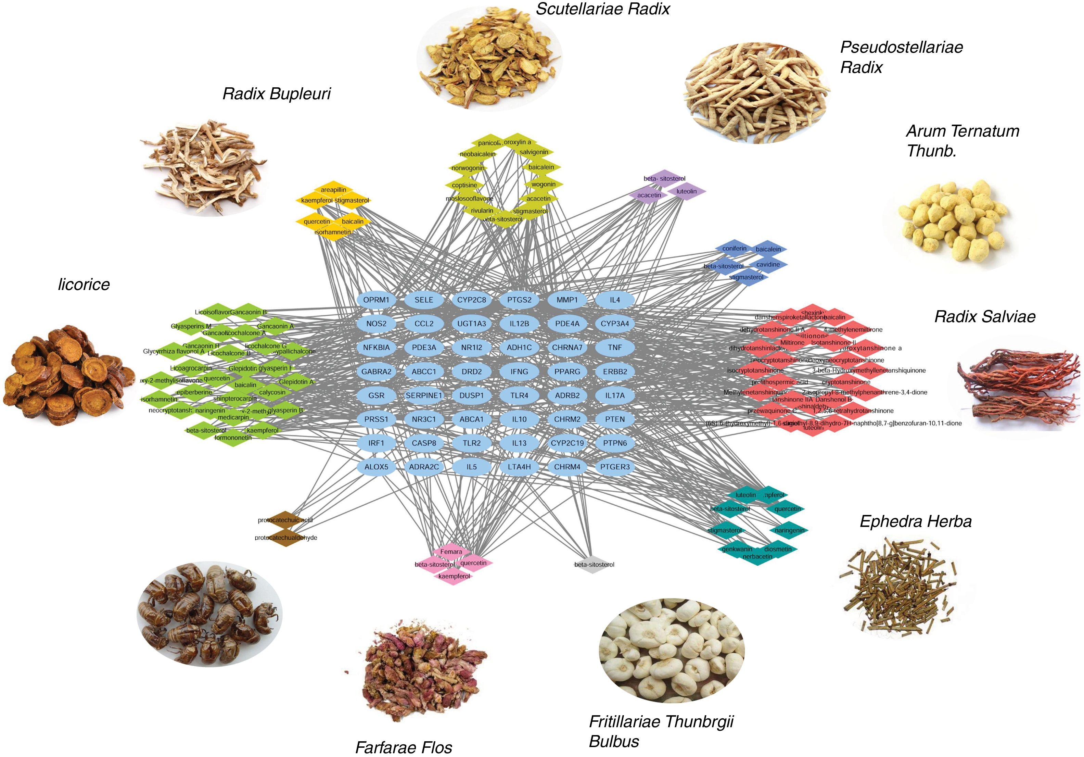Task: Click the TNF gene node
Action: coord(614,348)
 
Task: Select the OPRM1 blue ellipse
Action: coord(376,300)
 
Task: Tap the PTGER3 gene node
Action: coord(614,467)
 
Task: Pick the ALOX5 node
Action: coord(376,467)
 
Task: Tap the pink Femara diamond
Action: coord(451,552)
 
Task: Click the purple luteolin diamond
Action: coord(686,192)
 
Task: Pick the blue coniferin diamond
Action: coord(734,249)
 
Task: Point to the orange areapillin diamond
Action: coord(333,190)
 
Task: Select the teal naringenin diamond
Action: coord(789,530)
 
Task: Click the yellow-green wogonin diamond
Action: coord(543,185)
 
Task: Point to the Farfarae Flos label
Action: coord(404,747)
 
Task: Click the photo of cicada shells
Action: coord(209,614)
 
